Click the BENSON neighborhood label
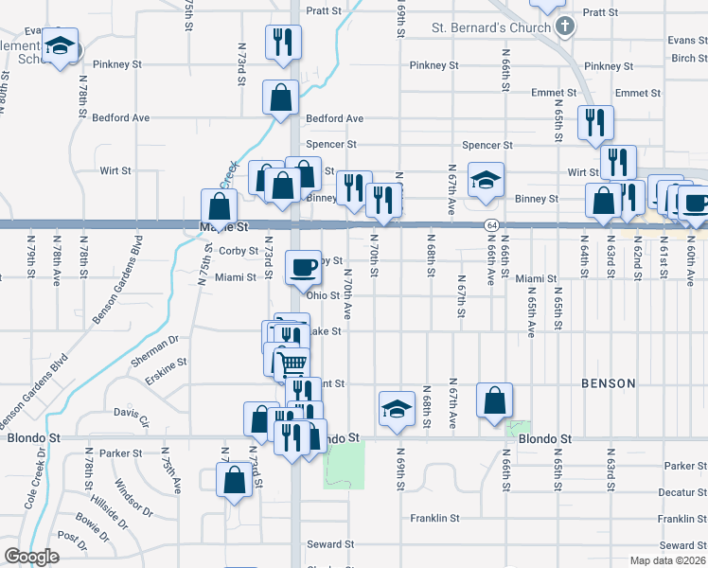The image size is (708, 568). coord(608,383)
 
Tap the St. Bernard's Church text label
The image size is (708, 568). coord(491,27)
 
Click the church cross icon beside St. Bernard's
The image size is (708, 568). coord(565,26)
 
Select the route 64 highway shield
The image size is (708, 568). coord(490,225)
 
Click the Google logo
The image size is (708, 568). coord(31,557)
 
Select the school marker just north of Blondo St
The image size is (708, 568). coord(398,406)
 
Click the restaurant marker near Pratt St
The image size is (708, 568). coord(282,41)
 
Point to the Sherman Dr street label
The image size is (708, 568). coord(155,346)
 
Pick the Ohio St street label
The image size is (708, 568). coord(322,295)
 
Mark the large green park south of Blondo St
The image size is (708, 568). coord(345,465)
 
